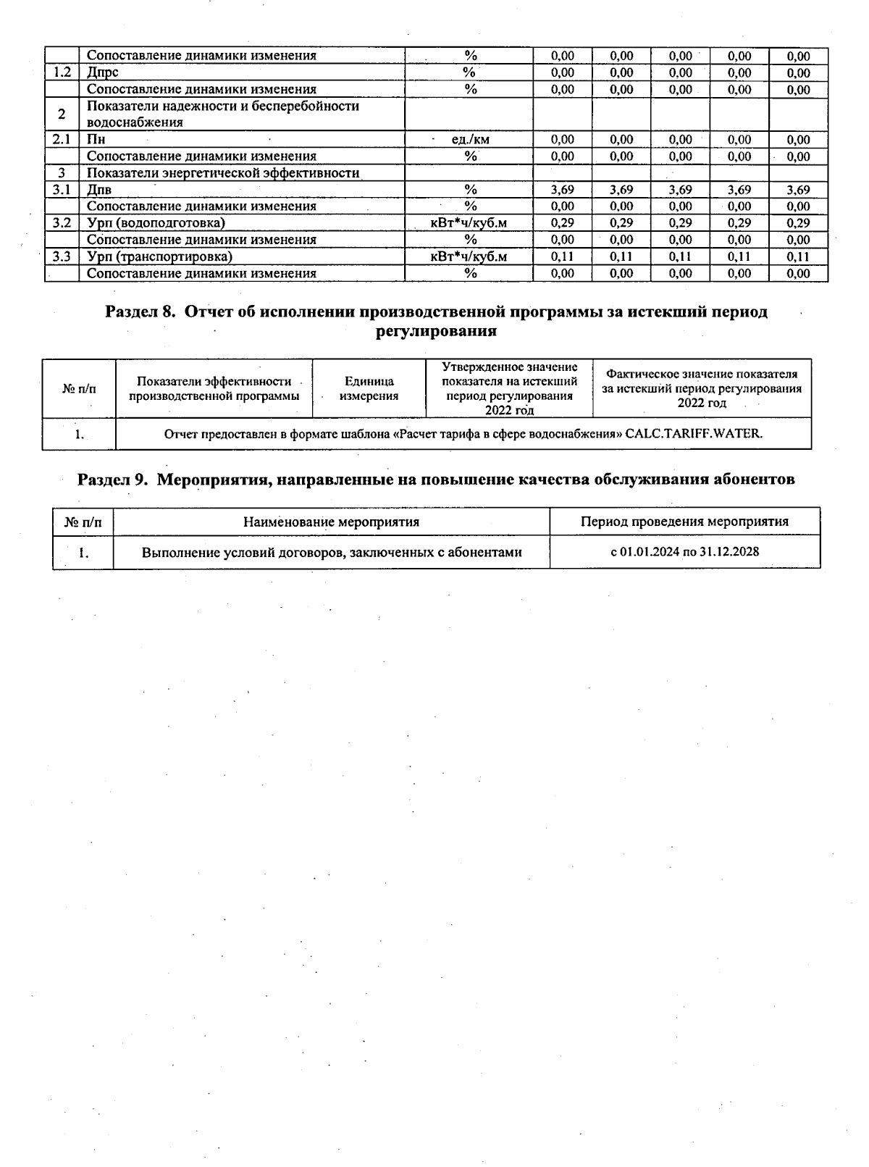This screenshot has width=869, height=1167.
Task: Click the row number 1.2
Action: pos(62,72)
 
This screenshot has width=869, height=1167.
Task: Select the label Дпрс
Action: pos(102,72)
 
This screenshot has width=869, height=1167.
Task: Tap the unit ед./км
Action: pos(470,140)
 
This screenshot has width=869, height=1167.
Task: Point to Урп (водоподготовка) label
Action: pos(156,223)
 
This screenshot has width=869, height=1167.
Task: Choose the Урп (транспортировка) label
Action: pos(159,256)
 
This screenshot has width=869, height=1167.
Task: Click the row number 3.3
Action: pos(62,256)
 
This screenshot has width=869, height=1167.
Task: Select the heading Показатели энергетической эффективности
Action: pos(223,173)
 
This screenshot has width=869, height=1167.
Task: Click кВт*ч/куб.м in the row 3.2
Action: pos(469,223)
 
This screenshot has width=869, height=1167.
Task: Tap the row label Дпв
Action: pos(99,190)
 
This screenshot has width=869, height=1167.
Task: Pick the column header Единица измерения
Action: pos(369,388)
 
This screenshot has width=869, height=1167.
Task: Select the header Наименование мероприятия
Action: pos(331,522)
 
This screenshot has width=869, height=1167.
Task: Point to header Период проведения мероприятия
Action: pos(684,522)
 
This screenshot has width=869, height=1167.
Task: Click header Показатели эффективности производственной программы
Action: pos(214,388)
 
